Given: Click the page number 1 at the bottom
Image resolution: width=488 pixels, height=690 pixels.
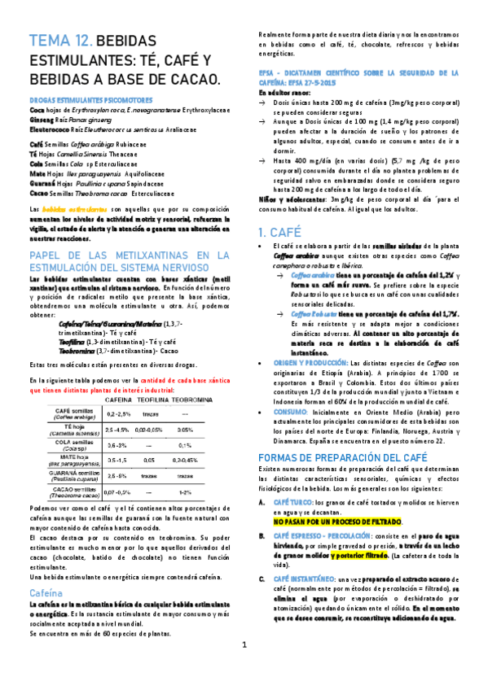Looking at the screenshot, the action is click(x=244, y=668).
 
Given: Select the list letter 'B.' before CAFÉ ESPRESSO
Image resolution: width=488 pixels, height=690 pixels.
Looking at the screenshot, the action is click(x=261, y=535).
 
